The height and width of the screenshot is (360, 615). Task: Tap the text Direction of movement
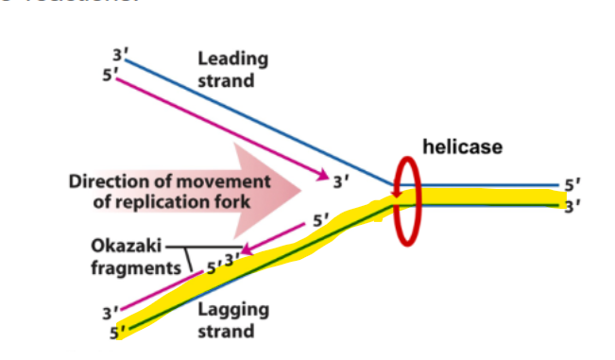[169, 180]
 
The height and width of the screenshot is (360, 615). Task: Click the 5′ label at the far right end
[572, 185]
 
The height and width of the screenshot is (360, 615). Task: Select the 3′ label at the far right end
[572, 207]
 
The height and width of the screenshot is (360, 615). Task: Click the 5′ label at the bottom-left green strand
[117, 332]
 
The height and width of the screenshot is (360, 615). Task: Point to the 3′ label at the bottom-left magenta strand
[110, 312]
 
